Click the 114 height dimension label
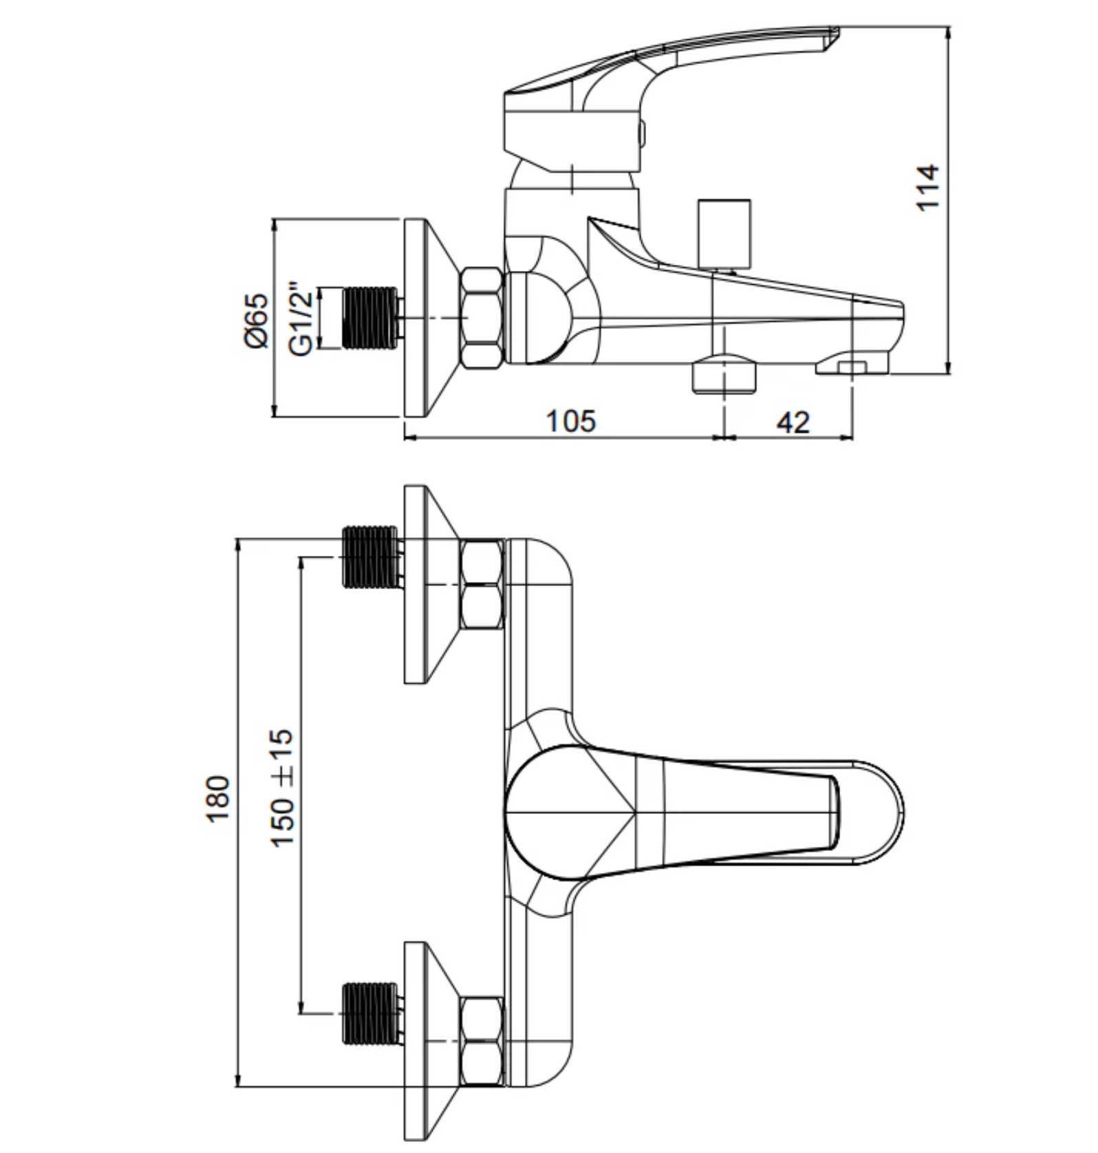[927, 187]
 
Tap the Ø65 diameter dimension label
[257, 321]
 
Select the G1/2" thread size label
[302, 319]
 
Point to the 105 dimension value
[571, 421]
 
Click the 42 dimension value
[793, 422]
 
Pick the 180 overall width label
[217, 798]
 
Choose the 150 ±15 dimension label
[283, 788]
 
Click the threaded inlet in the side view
[371, 318]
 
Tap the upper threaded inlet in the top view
[371, 557]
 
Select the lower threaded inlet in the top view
[371, 1013]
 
